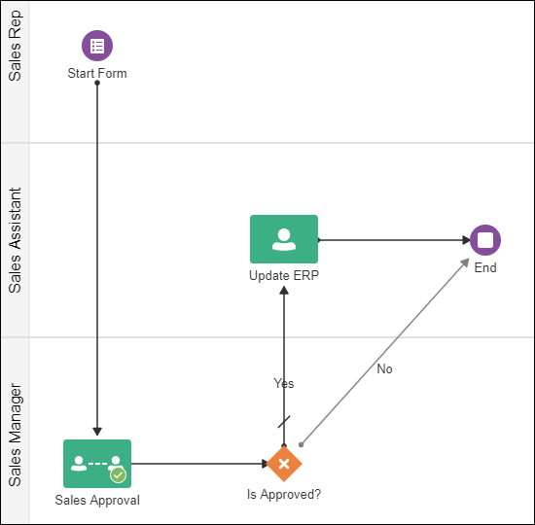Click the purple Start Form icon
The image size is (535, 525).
97,45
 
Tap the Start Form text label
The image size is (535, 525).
97,73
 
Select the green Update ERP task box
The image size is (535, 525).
284,239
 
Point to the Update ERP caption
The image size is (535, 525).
284,275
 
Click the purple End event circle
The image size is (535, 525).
485,239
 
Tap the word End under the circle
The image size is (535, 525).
485,267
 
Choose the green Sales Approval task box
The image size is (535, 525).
97,464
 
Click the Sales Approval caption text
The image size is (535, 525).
97,501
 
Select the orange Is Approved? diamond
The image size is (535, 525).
284,464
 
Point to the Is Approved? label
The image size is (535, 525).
284,494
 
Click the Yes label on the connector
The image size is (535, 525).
284,383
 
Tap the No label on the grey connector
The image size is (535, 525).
384,368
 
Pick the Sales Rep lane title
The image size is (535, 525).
15,48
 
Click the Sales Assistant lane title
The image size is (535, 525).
15,240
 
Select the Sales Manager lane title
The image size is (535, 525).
15,435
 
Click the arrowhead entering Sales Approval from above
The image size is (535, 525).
97,433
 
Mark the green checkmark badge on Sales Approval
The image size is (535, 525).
118,474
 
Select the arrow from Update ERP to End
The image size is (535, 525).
394,239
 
